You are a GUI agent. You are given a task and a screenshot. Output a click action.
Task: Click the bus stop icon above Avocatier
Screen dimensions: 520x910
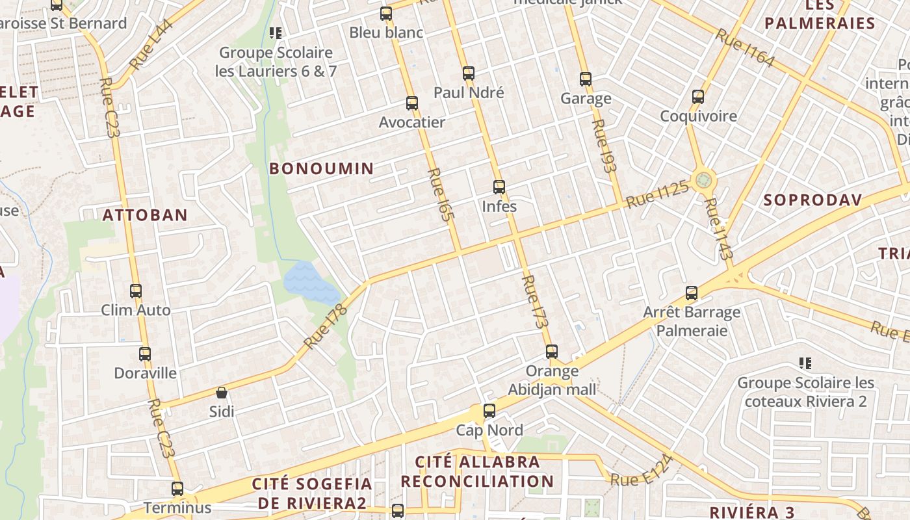pos(411,103)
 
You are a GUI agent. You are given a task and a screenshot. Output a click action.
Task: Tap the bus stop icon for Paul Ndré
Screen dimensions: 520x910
pos(468,73)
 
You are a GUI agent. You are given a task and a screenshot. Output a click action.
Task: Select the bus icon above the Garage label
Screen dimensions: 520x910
pos(585,79)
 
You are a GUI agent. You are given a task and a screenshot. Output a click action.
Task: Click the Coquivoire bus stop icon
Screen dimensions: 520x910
pos(698,97)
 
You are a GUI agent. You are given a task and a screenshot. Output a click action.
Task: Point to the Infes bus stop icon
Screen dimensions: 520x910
pos(499,187)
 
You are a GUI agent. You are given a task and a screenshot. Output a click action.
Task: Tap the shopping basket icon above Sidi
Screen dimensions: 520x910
pos(222,393)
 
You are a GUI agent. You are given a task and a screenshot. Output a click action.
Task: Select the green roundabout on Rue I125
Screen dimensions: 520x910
pos(703,179)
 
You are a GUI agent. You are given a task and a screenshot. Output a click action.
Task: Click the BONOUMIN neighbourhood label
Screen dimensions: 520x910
pos(321,169)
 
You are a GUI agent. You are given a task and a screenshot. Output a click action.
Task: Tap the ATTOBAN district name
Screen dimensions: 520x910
pos(145,215)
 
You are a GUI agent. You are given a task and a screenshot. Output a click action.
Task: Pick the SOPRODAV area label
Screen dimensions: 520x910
pos(812,200)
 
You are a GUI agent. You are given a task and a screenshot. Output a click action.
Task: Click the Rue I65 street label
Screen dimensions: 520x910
pos(439,196)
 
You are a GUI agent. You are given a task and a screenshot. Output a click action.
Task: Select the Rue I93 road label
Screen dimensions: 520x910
pos(604,146)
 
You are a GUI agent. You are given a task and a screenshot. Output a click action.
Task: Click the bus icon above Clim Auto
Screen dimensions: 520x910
pos(135,291)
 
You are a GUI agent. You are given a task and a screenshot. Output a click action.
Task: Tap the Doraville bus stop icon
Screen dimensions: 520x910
pos(145,354)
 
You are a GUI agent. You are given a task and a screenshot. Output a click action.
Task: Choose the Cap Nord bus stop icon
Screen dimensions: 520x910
pos(489,411)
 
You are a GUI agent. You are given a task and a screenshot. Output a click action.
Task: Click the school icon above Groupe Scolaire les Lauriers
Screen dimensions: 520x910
pos(276,32)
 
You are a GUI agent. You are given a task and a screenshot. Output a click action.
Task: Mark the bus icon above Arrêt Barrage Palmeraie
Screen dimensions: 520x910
pos(692,293)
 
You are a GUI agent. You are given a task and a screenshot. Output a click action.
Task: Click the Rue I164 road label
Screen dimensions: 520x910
pos(745,48)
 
